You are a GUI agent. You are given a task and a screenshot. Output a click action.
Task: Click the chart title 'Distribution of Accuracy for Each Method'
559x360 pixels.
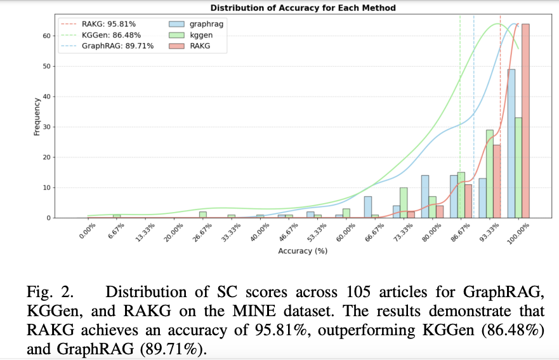303,8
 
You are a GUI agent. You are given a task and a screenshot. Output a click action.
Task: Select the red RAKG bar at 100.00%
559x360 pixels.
526,121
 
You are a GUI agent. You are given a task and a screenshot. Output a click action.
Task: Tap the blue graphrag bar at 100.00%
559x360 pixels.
511,143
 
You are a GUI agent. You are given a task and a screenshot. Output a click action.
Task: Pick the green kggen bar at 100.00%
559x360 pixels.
519,168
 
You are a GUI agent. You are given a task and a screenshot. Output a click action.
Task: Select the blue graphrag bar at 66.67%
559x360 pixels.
367,207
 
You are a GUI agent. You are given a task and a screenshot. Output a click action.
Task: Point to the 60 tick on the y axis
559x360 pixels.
46,36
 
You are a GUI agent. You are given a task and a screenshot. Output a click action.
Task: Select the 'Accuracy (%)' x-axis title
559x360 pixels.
303,251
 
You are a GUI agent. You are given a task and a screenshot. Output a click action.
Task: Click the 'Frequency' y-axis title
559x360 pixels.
37,116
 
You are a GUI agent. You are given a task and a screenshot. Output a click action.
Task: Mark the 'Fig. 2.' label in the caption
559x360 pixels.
51,293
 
